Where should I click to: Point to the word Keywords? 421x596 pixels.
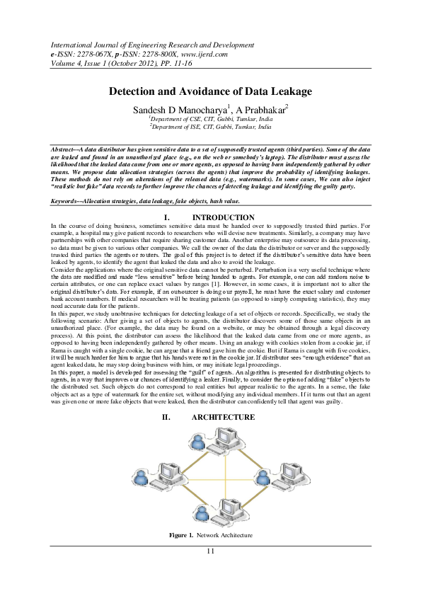[64, 202]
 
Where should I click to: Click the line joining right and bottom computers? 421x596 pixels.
[258, 491]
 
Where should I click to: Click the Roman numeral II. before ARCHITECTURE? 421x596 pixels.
[166, 418]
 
